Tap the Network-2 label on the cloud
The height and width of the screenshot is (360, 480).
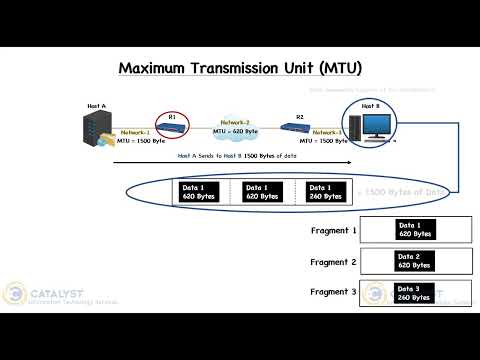(235, 121)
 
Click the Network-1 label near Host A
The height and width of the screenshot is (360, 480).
(135, 132)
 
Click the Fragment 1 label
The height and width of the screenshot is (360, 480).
(335, 231)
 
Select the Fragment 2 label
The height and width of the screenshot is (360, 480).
(335, 263)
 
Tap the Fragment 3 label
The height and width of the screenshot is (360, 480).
(335, 293)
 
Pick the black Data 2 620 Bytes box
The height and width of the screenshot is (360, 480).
(414, 262)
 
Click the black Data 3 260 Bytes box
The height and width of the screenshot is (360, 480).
(414, 293)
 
